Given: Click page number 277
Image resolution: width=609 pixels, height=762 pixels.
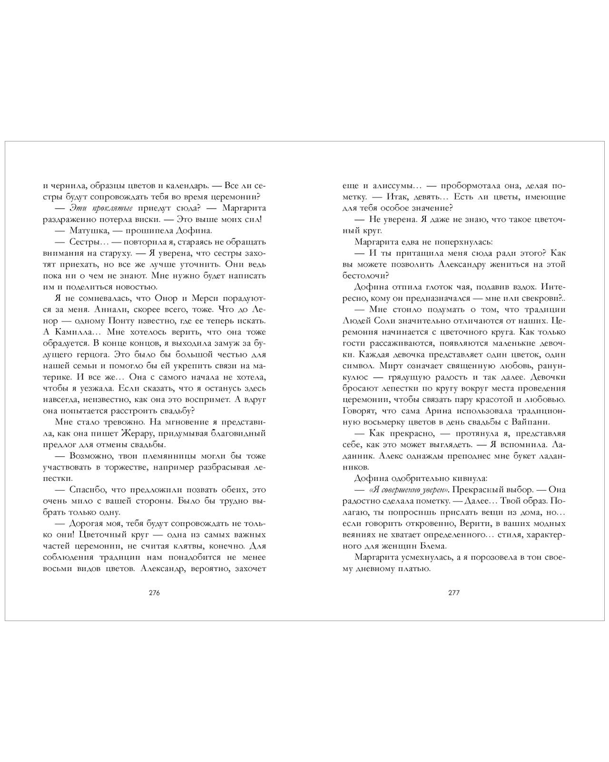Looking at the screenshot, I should point(454,593).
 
